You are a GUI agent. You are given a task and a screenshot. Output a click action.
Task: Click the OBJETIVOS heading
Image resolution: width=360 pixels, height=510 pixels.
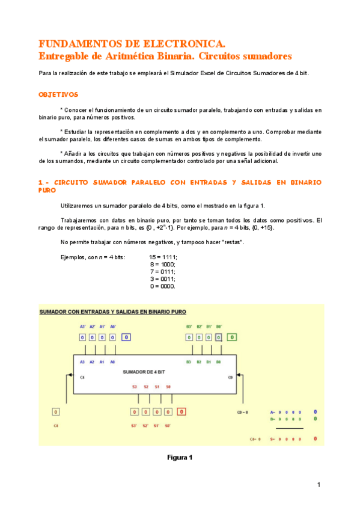click(58, 94)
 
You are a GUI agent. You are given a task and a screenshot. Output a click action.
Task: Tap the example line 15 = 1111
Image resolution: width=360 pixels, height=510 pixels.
click(163, 257)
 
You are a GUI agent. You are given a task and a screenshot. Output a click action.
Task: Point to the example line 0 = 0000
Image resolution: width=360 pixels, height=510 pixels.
click(163, 286)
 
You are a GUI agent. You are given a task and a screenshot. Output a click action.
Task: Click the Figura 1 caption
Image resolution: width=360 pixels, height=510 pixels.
click(180, 458)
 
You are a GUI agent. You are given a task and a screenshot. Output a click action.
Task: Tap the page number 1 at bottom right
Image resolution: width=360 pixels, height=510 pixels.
click(319, 485)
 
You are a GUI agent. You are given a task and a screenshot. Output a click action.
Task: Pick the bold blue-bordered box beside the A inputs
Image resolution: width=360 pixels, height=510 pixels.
click(126, 337)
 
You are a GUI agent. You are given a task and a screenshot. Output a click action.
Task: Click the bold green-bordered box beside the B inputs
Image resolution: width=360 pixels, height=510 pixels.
click(232, 337)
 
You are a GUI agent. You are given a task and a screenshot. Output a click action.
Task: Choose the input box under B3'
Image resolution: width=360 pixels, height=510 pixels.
click(189, 337)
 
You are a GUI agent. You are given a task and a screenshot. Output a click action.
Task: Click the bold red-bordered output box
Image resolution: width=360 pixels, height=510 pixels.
click(182, 412)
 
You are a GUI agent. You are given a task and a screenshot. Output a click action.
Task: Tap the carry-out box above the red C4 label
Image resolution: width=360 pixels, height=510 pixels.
click(56, 412)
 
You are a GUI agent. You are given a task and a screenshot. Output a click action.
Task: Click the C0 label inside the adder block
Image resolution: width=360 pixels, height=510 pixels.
click(230, 377)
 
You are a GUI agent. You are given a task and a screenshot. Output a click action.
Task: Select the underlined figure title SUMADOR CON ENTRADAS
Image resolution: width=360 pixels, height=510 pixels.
click(113, 312)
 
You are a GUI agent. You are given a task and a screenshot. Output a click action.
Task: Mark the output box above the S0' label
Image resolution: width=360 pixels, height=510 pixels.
click(168, 412)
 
